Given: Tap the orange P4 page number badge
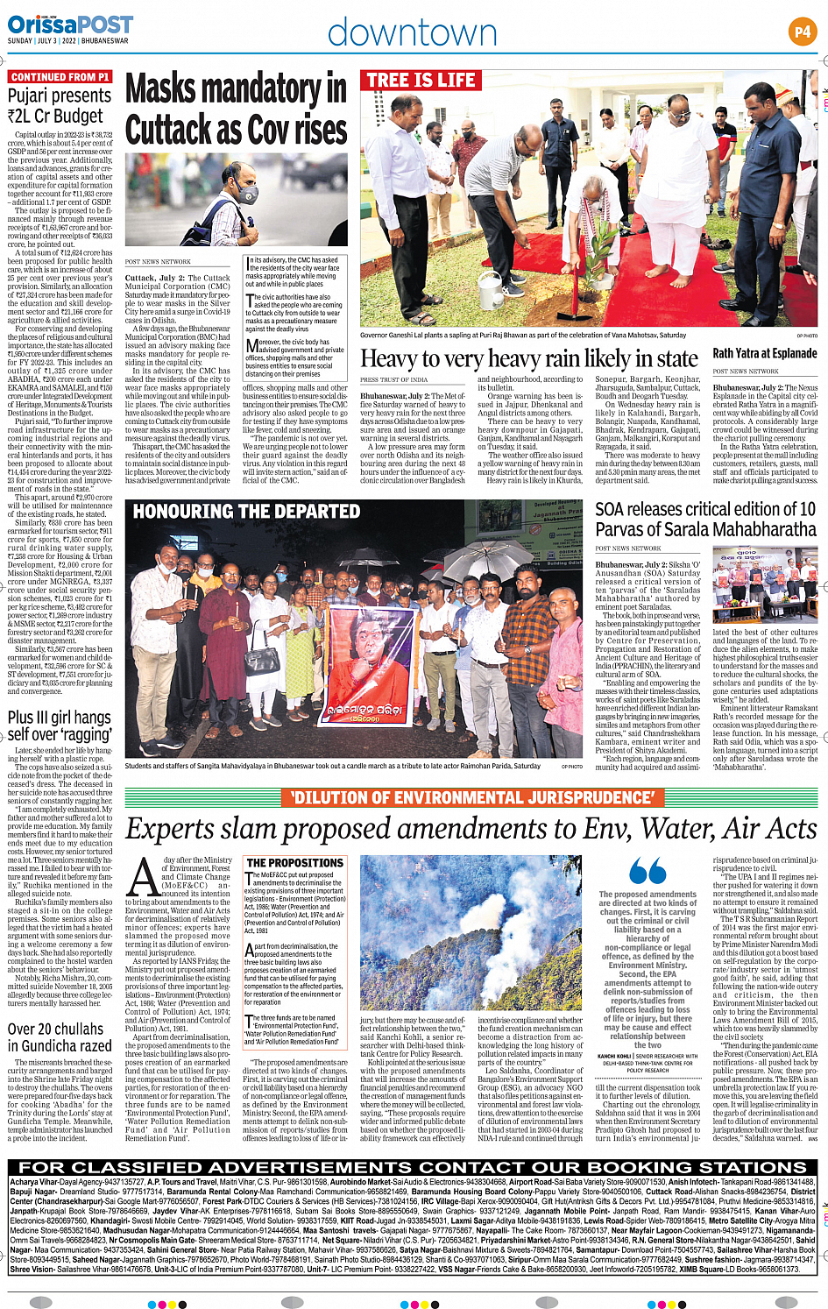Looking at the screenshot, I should (x=802, y=32).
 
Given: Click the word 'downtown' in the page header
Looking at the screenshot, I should (x=412, y=33).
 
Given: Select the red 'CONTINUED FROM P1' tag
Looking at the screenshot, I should (x=60, y=77).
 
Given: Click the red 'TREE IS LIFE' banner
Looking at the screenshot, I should (x=421, y=81).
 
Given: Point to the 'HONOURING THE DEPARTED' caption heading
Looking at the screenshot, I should (x=246, y=511).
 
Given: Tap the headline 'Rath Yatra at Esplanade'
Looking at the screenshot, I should (x=764, y=353).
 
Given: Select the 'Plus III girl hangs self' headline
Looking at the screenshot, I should (x=60, y=725).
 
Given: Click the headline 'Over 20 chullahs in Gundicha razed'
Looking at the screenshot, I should (x=60, y=1037).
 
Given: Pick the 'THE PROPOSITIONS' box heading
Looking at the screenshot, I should (x=294, y=863).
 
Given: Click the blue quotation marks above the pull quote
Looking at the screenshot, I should (x=648, y=873).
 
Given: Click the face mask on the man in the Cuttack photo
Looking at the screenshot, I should (x=247, y=195).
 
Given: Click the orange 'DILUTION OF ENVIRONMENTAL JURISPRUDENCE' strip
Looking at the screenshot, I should (x=472, y=797).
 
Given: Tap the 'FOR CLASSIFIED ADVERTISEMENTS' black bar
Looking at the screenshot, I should (x=413, y=1167).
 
